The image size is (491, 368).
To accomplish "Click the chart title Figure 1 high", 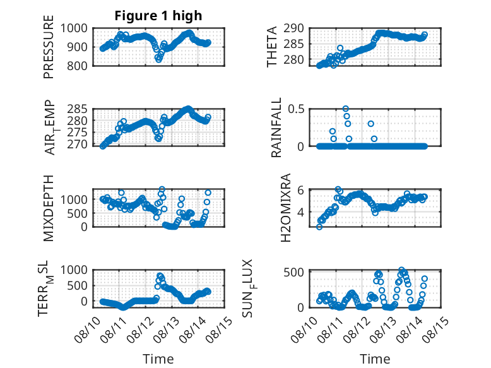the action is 158,16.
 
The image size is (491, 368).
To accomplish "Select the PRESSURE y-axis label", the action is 49,47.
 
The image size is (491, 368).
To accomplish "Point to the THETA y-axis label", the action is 272,47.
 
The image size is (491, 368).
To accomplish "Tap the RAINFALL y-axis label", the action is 276,127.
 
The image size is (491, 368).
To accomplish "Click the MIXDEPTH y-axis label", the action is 49,208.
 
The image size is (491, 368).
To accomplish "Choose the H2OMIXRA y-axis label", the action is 286,208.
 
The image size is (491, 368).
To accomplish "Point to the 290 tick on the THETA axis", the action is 293,28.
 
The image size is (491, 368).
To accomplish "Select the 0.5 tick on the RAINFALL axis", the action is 296,109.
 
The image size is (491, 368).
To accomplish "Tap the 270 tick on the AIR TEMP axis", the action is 77,145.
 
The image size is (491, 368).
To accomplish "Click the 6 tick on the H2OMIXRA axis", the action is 300,190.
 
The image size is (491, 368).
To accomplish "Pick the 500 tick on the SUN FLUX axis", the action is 293,272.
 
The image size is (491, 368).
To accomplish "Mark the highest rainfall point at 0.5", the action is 345,109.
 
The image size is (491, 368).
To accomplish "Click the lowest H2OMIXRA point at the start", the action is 319,227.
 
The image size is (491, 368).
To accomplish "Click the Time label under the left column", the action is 158,359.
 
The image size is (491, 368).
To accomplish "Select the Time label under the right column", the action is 375,359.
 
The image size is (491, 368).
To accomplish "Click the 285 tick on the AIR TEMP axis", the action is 77,109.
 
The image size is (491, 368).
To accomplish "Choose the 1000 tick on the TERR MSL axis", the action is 74,270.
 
